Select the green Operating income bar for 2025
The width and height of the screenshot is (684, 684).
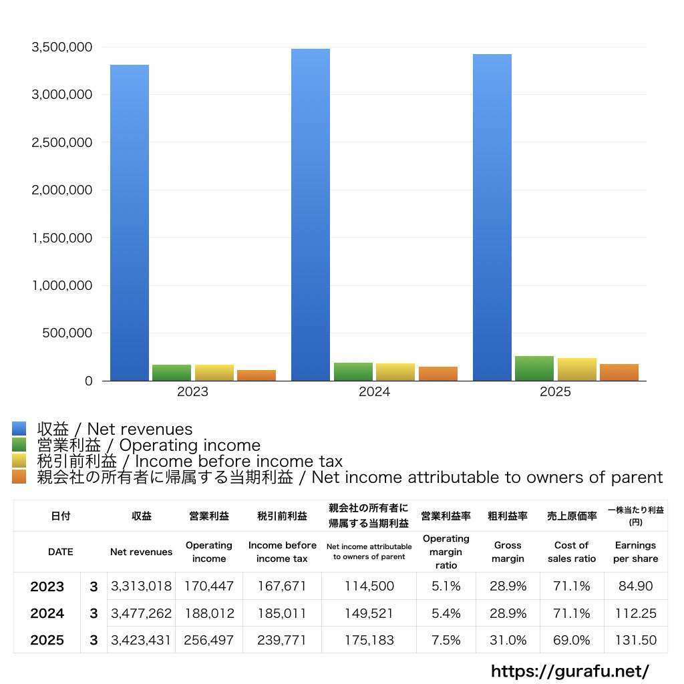click(534, 369)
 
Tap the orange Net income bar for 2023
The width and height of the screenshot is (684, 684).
click(256, 375)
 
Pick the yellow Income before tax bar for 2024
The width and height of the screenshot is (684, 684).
click(395, 372)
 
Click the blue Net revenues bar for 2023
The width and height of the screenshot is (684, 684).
click(130, 223)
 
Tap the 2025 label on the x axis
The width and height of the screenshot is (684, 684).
click(555, 392)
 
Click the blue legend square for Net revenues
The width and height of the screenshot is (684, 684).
click(19, 429)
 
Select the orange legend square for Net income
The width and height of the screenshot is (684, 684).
click(19, 477)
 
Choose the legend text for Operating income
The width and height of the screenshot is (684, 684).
click(148, 446)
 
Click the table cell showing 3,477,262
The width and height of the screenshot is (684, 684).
click(141, 613)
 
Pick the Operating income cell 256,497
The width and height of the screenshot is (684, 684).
click(208, 640)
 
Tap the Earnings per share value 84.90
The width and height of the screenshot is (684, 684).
click(635, 586)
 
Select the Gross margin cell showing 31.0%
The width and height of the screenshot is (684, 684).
click(508, 640)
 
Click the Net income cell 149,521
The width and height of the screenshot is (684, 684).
click(369, 613)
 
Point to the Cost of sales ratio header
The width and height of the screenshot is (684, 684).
click(571, 552)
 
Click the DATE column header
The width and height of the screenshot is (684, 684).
click(60, 552)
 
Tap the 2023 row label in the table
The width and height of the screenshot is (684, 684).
click(47, 586)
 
